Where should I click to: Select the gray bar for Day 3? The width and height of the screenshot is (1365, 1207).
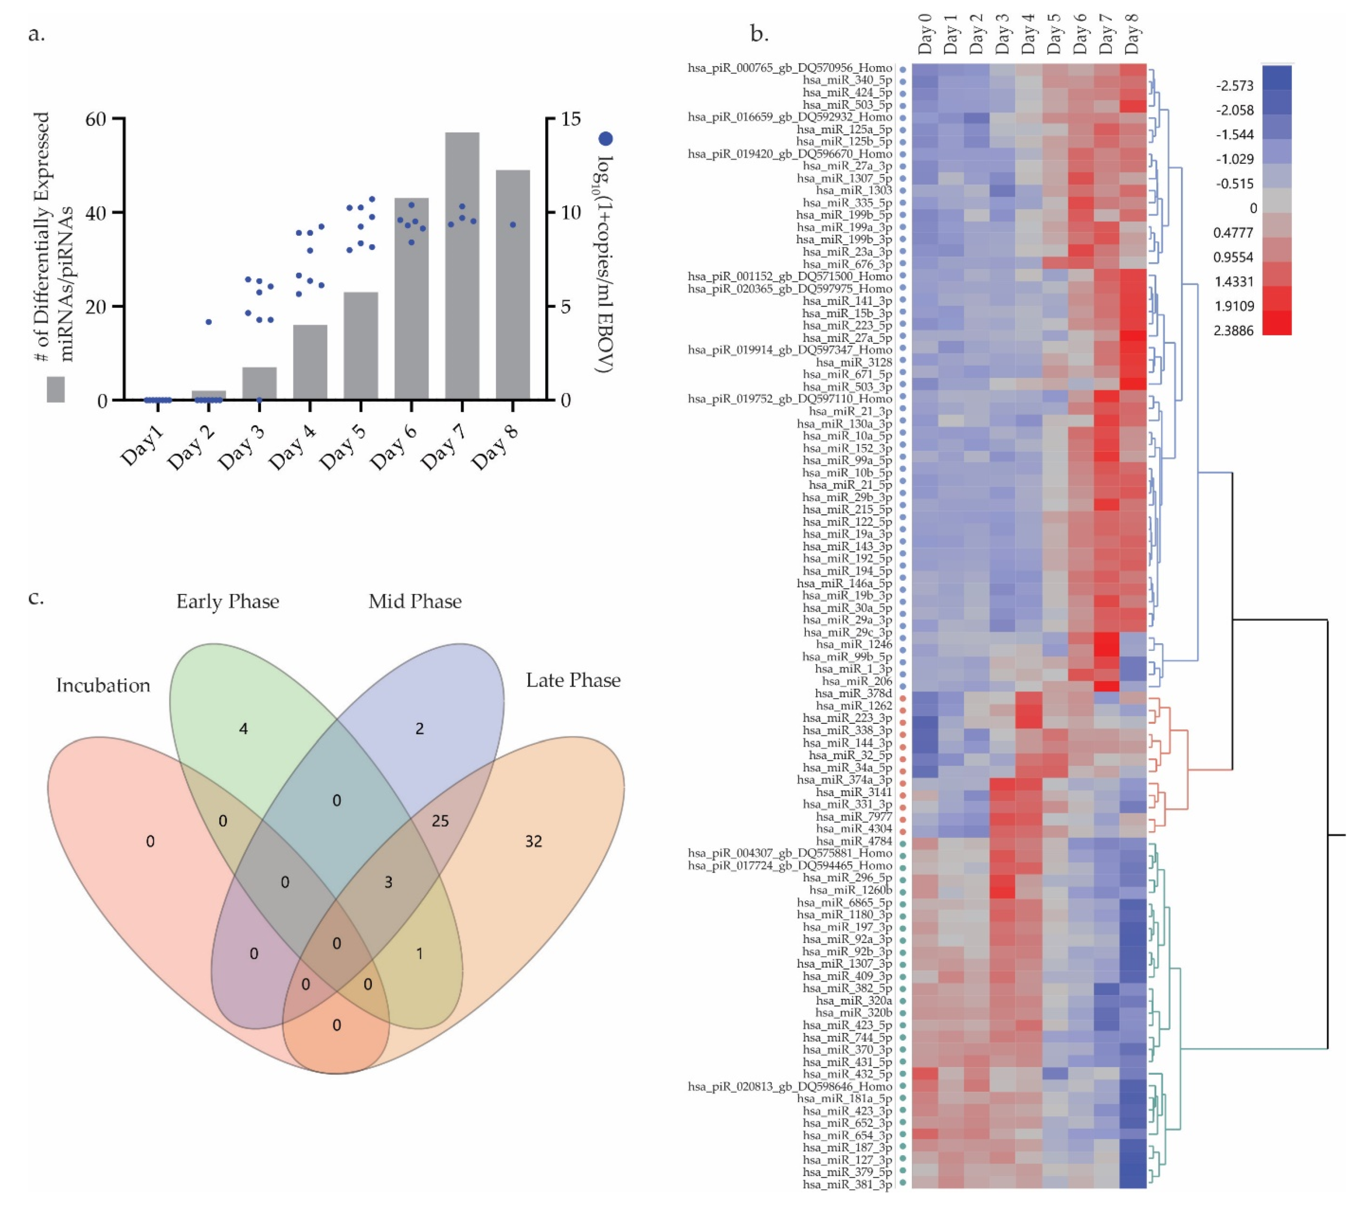[x=259, y=384]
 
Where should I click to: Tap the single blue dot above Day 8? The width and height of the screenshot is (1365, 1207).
[x=513, y=225]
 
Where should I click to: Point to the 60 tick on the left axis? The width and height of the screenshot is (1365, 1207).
[x=96, y=119]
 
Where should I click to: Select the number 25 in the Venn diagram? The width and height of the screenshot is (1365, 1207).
[x=440, y=821]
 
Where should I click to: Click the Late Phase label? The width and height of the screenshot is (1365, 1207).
[x=573, y=680]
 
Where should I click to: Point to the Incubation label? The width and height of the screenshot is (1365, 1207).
[x=103, y=685]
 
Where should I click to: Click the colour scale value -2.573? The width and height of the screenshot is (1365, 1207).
[x=1235, y=86]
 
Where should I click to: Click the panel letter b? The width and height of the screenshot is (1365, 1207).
[x=759, y=34]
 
